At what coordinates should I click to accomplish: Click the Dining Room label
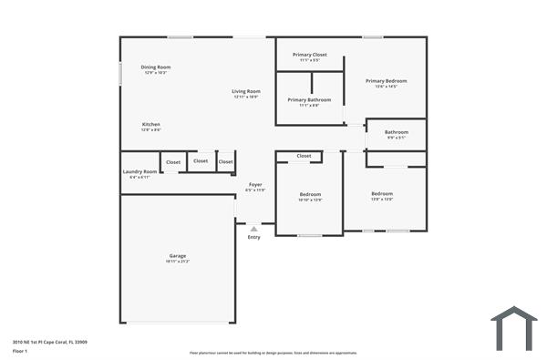coord(155,67)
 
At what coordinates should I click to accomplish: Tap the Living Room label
coord(245,91)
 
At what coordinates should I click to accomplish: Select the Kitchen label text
coord(151,124)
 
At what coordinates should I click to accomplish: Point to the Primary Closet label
coord(310,55)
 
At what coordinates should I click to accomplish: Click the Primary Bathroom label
coord(309,99)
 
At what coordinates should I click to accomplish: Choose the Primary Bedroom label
coord(386,81)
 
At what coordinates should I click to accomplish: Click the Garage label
coord(177,256)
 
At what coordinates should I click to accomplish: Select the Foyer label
coord(256,185)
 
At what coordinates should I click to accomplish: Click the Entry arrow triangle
coord(253,229)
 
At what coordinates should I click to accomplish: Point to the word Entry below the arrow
coord(253,237)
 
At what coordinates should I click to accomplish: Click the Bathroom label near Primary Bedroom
coord(396,132)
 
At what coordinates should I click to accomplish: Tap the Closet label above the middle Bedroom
coord(304,156)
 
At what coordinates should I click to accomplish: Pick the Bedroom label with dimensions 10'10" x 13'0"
coord(310,194)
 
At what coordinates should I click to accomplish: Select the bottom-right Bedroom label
coord(382,193)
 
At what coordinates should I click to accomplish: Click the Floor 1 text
coord(20,351)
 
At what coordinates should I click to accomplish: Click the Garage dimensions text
coord(177,262)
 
